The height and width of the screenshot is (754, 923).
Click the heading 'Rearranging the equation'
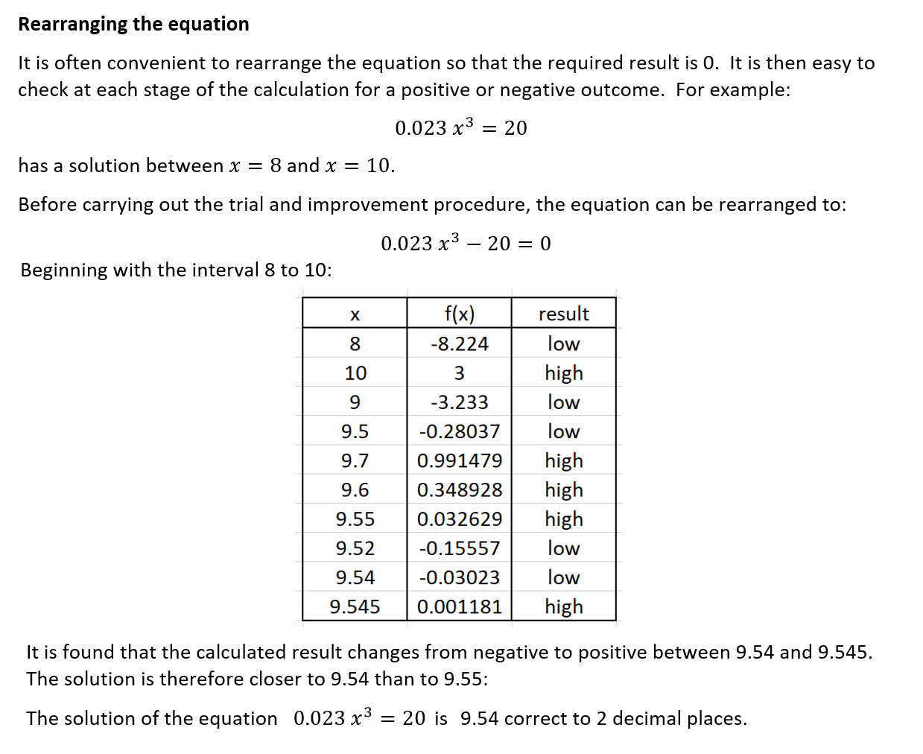(x=133, y=25)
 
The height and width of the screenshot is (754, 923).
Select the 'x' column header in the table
(x=355, y=314)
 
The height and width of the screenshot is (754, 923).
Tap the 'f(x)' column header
(x=459, y=314)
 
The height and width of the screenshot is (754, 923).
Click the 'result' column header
(x=563, y=314)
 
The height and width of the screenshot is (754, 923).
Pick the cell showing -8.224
(x=459, y=343)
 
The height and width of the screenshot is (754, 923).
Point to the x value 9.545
(x=355, y=606)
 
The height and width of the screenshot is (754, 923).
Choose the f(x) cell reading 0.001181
(x=459, y=606)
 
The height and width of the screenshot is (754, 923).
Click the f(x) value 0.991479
(x=459, y=460)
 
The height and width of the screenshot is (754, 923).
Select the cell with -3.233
(x=459, y=402)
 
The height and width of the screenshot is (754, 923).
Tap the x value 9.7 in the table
(x=355, y=460)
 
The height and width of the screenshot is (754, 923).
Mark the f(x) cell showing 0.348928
(x=459, y=490)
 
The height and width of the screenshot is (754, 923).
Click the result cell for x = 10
(x=563, y=373)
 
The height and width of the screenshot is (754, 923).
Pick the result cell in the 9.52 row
(x=563, y=548)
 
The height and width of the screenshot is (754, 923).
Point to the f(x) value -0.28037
(x=459, y=431)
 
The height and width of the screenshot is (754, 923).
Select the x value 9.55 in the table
(x=355, y=519)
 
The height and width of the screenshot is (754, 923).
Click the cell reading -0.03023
(x=459, y=577)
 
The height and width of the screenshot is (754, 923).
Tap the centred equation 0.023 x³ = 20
(x=460, y=128)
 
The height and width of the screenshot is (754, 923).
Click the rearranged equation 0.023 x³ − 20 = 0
(x=466, y=244)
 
